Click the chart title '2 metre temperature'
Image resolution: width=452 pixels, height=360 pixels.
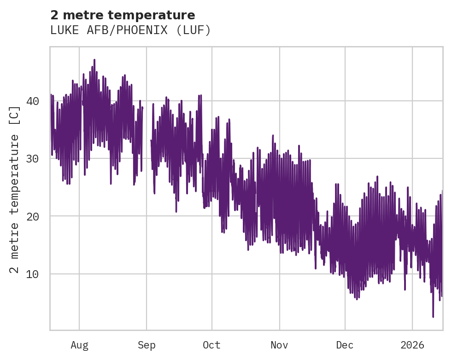click(x=123, y=15)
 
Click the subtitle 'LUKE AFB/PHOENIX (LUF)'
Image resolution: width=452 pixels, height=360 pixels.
click(x=130, y=30)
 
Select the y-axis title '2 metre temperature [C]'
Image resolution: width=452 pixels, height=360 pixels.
click(x=15, y=189)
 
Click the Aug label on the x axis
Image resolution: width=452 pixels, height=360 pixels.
click(x=79, y=345)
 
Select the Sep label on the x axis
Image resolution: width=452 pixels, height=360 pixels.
click(x=147, y=345)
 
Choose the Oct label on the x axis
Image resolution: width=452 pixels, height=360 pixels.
click(x=211, y=345)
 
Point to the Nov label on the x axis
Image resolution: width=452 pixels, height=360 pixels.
click(x=279, y=345)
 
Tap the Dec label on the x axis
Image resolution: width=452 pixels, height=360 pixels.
click(x=345, y=345)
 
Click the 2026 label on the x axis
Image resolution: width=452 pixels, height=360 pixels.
click(x=412, y=345)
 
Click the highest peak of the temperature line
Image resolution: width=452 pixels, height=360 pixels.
click(x=94, y=60)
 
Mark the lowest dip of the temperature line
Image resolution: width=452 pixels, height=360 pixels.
click(x=433, y=316)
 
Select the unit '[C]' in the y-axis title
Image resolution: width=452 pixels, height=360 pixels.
click(x=15, y=115)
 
